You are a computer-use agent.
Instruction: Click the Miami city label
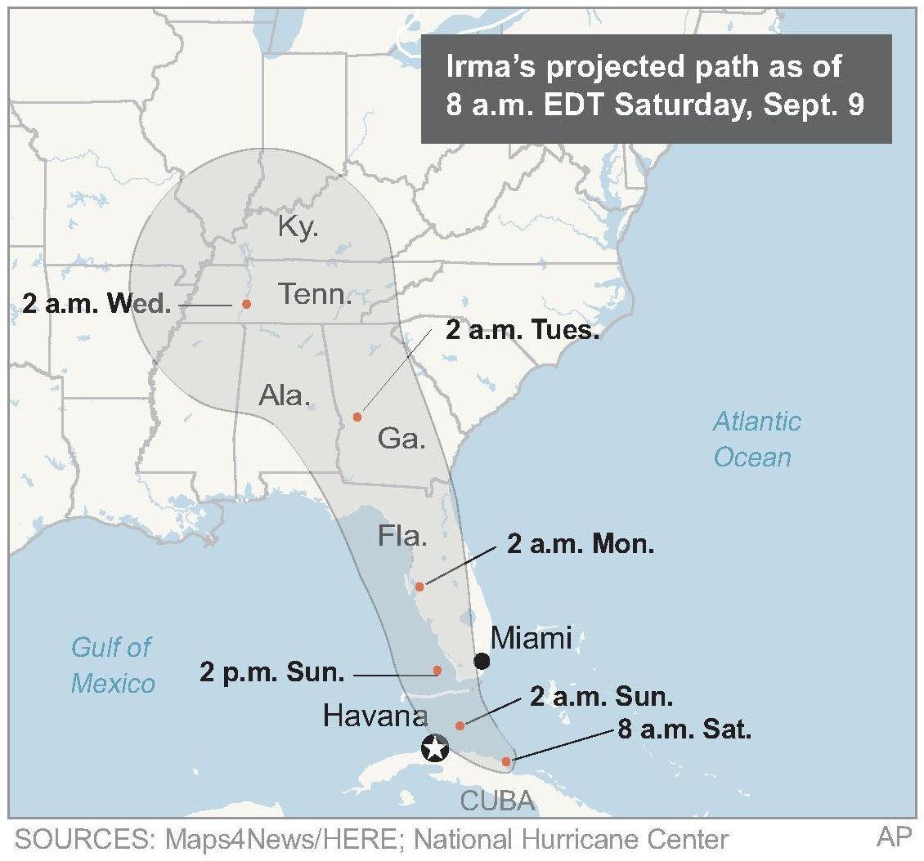click(531, 637)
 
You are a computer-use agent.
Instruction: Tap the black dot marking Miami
click(482, 660)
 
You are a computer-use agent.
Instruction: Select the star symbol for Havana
click(435, 747)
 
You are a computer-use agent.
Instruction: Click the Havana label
click(375, 716)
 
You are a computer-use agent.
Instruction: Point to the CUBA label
click(497, 801)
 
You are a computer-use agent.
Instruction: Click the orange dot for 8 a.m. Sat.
click(506, 761)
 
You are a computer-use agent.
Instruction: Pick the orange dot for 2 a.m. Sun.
click(460, 725)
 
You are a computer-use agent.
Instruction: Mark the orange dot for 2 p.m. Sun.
click(437, 671)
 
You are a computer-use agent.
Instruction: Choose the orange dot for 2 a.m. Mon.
click(419, 587)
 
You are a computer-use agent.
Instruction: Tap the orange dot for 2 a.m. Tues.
click(357, 417)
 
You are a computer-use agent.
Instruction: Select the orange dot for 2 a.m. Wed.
click(246, 304)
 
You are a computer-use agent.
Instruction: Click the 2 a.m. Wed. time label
click(96, 305)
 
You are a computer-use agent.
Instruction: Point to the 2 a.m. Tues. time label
click(523, 331)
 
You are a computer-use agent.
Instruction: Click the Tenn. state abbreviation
click(315, 293)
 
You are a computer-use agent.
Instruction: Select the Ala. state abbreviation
click(285, 395)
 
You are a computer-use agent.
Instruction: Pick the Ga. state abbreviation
click(401, 439)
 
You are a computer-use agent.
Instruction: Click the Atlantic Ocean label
click(756, 439)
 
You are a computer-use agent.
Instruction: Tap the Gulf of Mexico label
click(112, 664)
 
